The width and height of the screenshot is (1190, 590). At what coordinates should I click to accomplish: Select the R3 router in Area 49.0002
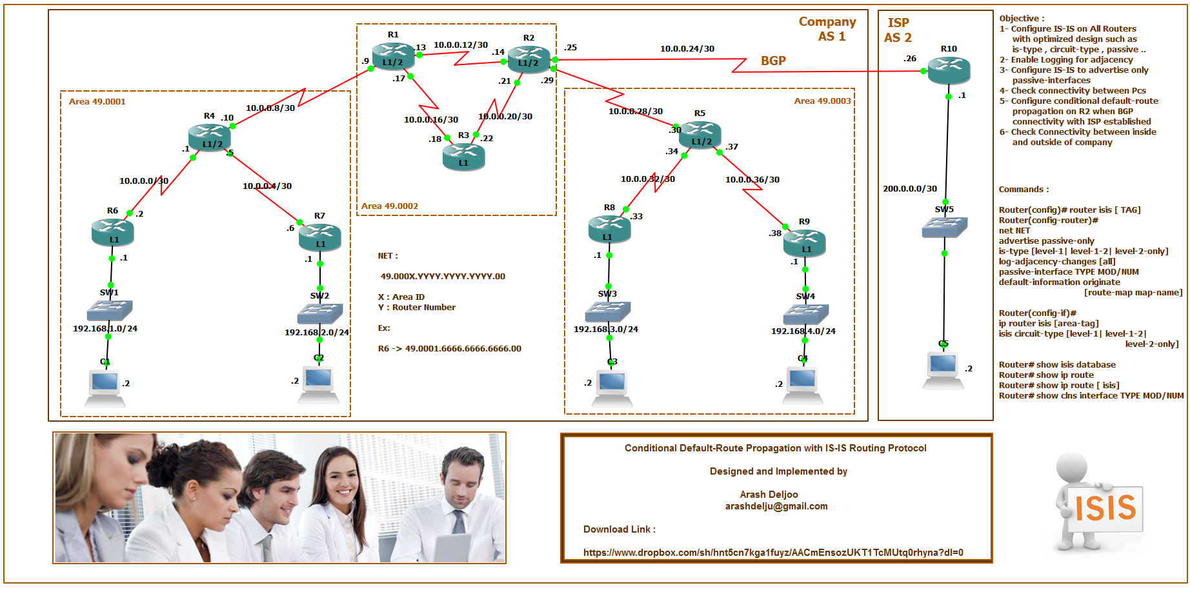coord(463,157)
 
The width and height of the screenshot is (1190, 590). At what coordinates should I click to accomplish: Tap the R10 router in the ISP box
coord(949,70)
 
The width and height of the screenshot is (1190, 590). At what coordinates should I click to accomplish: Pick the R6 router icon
coord(113,232)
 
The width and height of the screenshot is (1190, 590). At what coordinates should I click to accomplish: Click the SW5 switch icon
coord(944,227)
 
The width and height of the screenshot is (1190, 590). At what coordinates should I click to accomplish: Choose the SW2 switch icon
coord(319,313)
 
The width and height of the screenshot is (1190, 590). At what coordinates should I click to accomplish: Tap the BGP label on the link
coord(773,61)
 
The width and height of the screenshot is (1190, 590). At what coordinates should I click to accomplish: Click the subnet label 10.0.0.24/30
coord(687,49)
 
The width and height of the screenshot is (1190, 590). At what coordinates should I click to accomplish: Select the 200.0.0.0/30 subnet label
coord(910,189)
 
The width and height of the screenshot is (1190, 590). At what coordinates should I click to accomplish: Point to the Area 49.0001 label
coord(97,102)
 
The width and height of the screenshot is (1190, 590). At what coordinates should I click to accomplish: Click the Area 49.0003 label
coord(822,101)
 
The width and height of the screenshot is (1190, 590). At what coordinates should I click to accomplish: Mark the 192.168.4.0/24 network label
coord(803,331)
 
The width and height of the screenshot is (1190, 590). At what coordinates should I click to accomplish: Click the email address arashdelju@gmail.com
coord(776,506)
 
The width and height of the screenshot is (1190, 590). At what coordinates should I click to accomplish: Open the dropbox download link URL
coord(773,553)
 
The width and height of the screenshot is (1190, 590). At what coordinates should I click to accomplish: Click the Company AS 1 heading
coord(827,29)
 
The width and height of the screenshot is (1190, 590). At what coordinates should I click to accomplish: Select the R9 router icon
coord(804,242)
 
